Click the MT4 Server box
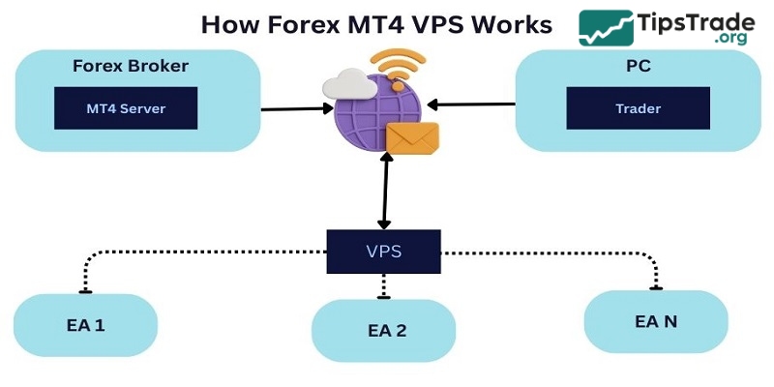point(126,108)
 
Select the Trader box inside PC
point(638,108)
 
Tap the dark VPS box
point(383,252)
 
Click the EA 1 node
point(85,325)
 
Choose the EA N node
point(655,320)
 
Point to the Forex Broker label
point(131,67)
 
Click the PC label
point(639,67)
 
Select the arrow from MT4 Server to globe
point(295,108)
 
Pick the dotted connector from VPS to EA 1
point(193,253)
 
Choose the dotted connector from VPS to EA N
point(561,253)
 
